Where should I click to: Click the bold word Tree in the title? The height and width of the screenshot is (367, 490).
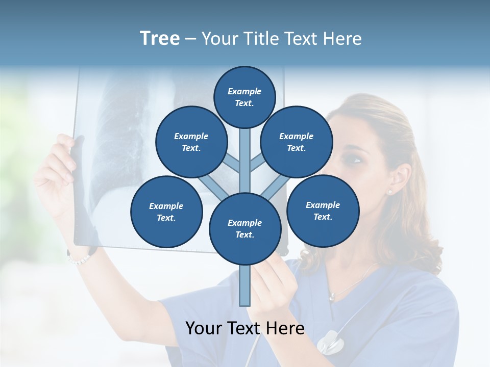(x=160, y=39)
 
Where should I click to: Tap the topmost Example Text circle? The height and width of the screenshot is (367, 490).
(x=244, y=97)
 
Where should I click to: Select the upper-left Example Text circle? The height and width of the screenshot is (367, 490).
(x=191, y=142)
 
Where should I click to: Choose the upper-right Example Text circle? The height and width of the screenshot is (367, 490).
(x=296, y=142)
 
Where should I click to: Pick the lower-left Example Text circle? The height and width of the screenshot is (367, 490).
(x=166, y=212)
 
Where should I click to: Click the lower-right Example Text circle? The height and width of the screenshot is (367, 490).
(x=323, y=211)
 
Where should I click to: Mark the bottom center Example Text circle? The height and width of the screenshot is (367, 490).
(x=245, y=228)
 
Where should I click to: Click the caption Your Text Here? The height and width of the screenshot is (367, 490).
(x=244, y=328)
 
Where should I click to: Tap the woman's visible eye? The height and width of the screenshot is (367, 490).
(x=355, y=160)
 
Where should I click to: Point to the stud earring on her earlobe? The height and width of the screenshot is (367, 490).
(x=390, y=192)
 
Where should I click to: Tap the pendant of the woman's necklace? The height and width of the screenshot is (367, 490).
(x=332, y=296)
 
